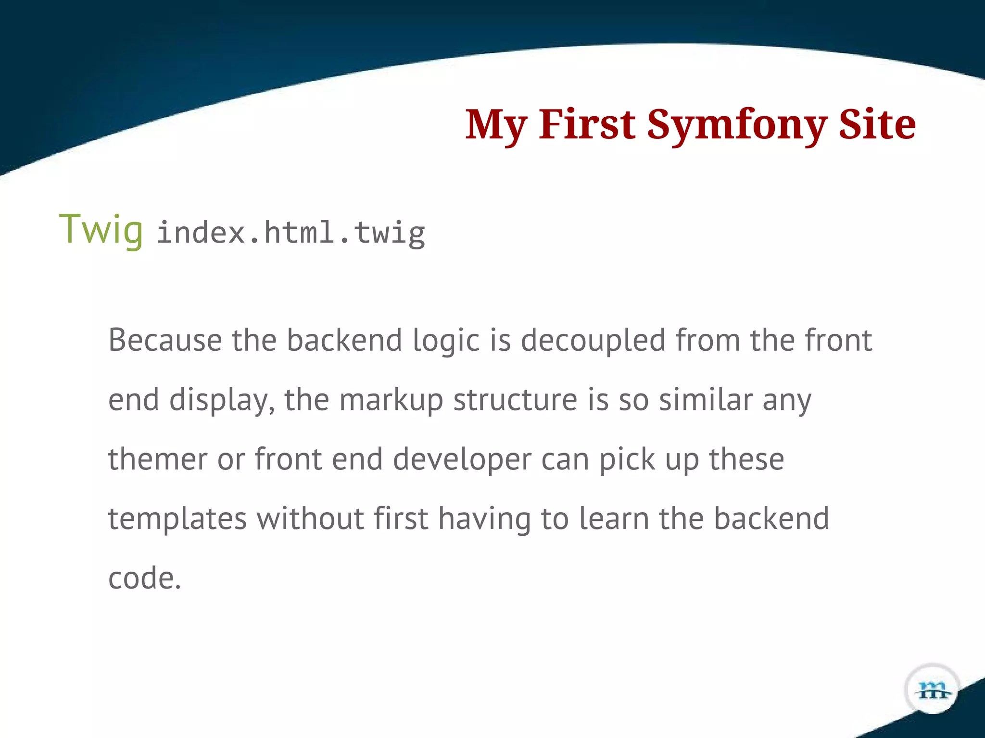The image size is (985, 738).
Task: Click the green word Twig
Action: (101, 230)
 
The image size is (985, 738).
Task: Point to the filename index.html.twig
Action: (291, 233)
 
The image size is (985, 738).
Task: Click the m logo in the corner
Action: (933, 690)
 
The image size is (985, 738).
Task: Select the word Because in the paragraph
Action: (165, 340)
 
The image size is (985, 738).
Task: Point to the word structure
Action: (515, 400)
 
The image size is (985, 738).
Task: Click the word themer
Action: (158, 459)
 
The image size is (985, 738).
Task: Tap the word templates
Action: (177, 519)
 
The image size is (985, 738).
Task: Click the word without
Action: (310, 518)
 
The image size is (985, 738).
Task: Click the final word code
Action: (144, 578)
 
